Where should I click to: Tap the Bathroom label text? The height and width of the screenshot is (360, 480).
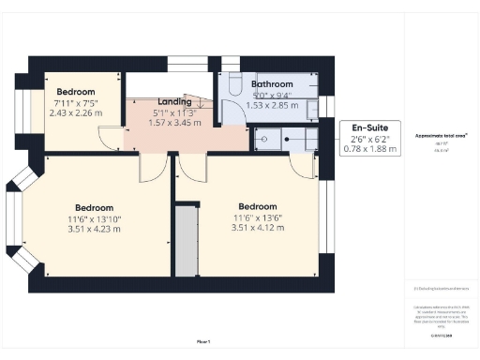point(272,83)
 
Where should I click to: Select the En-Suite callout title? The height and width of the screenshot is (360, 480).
point(370,127)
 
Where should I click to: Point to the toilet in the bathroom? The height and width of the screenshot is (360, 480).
point(232,82)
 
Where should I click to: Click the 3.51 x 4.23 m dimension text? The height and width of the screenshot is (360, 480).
point(94,230)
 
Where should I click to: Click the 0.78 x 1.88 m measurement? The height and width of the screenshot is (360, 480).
point(370,149)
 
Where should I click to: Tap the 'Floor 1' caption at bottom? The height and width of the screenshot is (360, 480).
point(202,342)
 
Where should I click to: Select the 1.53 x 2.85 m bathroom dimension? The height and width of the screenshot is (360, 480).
point(272,105)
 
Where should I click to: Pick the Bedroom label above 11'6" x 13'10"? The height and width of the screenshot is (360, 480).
point(94,207)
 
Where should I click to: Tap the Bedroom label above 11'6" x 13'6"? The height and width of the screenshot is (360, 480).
point(257,206)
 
